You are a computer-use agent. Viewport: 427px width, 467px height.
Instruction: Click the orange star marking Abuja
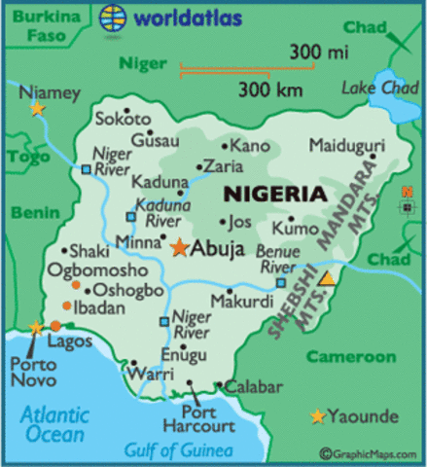pos(179,248)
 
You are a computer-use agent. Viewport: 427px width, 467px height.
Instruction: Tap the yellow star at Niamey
pos(37,109)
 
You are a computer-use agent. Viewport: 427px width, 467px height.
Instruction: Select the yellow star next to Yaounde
pos(317,417)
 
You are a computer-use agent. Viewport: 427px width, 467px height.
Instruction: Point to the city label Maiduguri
pos(346,146)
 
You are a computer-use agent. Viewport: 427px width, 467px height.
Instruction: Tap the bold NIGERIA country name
pos(274,194)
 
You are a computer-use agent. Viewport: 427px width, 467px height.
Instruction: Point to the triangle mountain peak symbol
pos(327,280)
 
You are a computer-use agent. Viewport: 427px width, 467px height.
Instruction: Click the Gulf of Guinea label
pos(177,449)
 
